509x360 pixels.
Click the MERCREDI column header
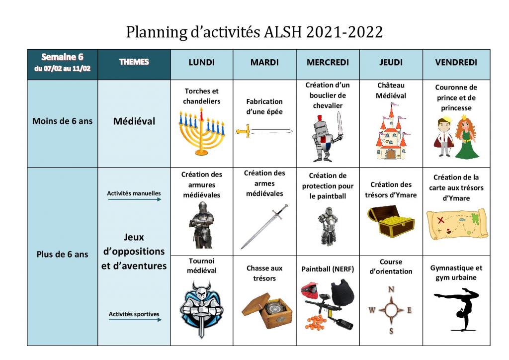[x=328, y=62]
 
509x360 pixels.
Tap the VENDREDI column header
[x=456, y=62]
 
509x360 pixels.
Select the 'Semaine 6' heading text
[x=62, y=57]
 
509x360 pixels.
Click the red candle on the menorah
[x=201, y=114]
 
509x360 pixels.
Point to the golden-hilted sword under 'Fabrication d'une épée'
[x=264, y=131]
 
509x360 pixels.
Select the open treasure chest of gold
[x=391, y=221]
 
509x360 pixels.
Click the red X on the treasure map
[x=440, y=220]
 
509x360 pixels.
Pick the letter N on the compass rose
[x=391, y=289]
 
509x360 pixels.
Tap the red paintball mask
[x=310, y=289]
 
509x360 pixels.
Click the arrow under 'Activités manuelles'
[x=134, y=199]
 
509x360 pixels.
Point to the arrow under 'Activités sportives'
[x=135, y=320]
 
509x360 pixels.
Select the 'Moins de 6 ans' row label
[x=62, y=121]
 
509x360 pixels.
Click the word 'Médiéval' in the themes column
[x=134, y=121]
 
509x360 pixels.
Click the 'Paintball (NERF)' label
[x=328, y=269]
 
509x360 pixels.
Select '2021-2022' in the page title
[x=344, y=32]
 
